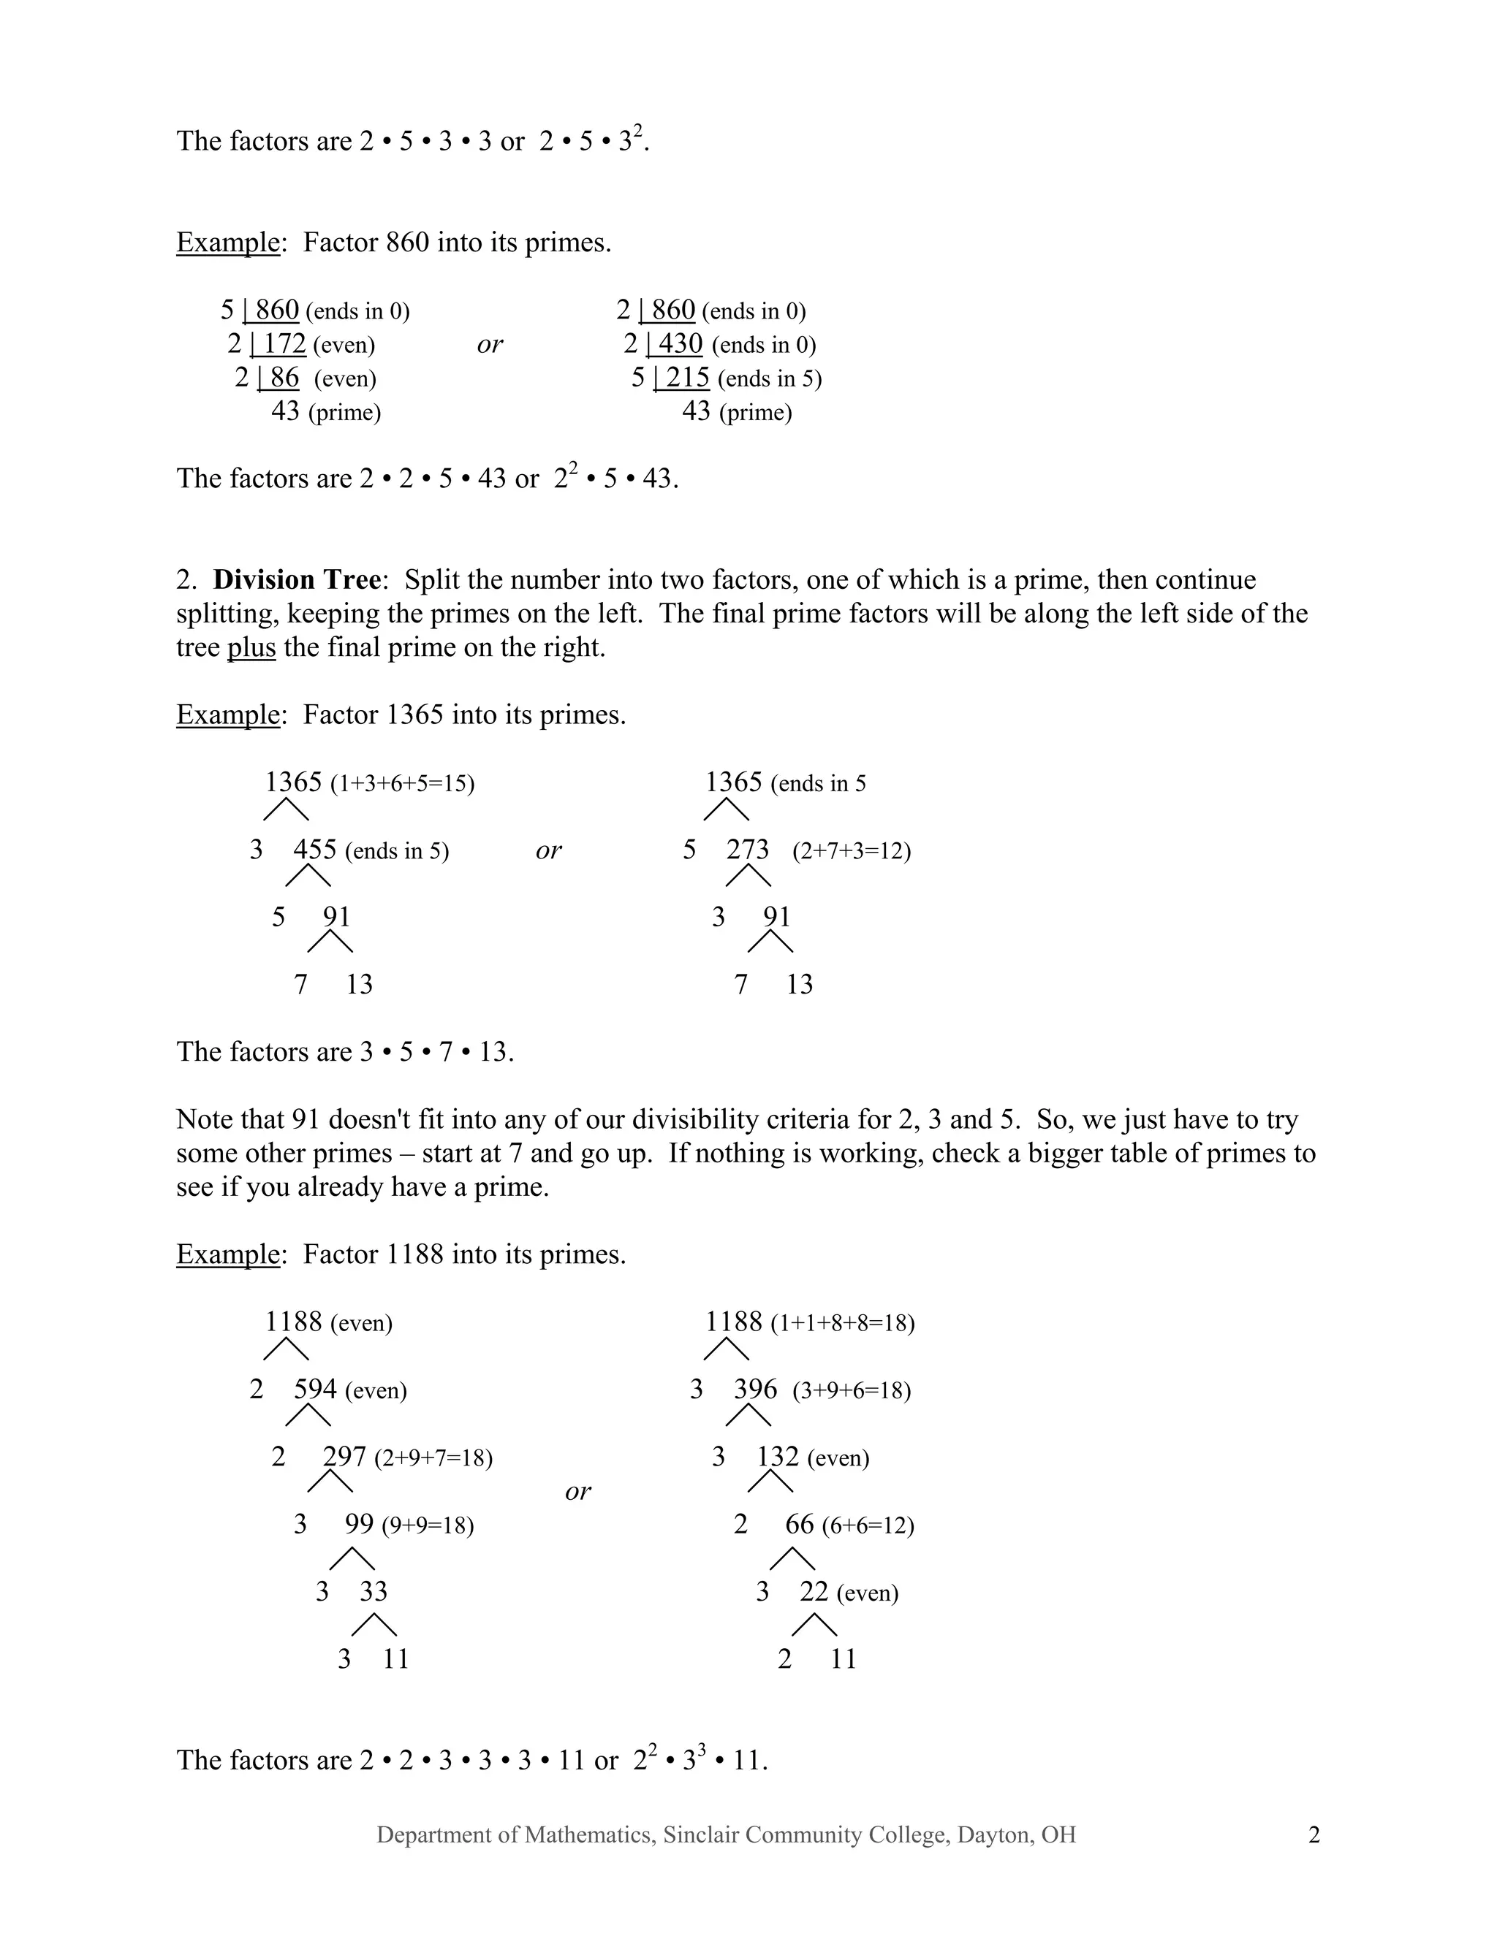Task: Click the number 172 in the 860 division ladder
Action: click(x=284, y=343)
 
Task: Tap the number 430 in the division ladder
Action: click(x=681, y=343)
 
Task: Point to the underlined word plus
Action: click(x=251, y=647)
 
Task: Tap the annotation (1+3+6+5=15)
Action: click(x=402, y=784)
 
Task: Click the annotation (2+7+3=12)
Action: click(x=852, y=851)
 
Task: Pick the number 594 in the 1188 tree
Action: click(x=315, y=1389)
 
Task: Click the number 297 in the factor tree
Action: click(x=344, y=1457)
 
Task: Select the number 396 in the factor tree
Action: click(x=754, y=1389)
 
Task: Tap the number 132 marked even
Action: click(x=777, y=1457)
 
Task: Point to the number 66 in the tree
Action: click(x=799, y=1524)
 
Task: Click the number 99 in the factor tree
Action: click(x=359, y=1524)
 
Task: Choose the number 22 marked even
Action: click(x=814, y=1591)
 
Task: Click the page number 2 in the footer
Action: click(x=1314, y=1835)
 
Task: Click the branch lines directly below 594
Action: click(x=308, y=1416)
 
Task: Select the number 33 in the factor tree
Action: click(x=374, y=1591)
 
